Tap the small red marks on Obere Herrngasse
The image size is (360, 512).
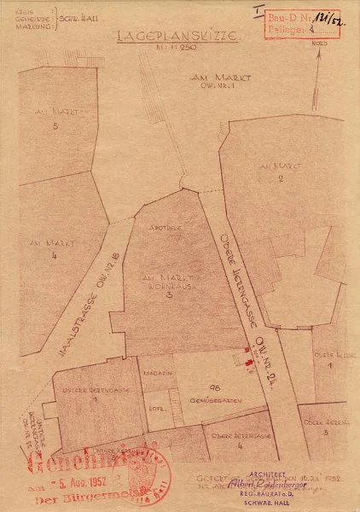pos(248,362)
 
